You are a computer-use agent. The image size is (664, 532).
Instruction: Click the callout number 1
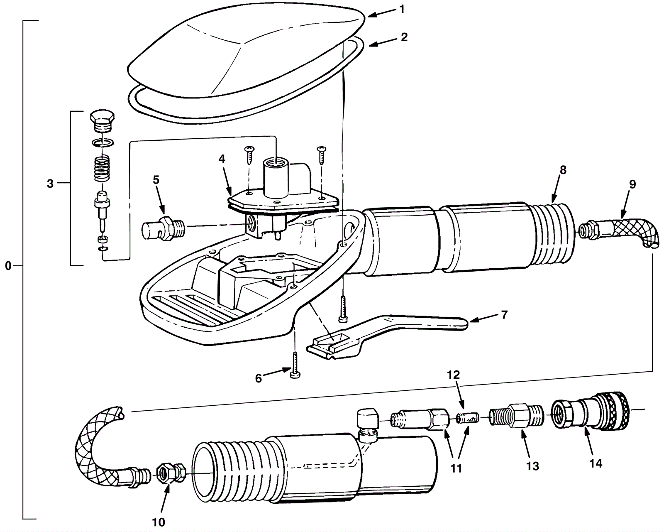pos(402,9)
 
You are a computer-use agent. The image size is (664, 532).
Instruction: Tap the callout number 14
pos(596,463)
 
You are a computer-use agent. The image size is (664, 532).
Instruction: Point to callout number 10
pos(159,522)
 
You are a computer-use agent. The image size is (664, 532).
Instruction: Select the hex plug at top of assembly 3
pos(102,120)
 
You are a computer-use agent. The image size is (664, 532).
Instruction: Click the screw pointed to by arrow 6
pos(295,365)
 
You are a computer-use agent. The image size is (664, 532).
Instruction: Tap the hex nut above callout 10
pos(164,471)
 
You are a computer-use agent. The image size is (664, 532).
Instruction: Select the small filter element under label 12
pos(468,418)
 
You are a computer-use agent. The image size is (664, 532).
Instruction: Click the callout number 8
pos(563,169)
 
